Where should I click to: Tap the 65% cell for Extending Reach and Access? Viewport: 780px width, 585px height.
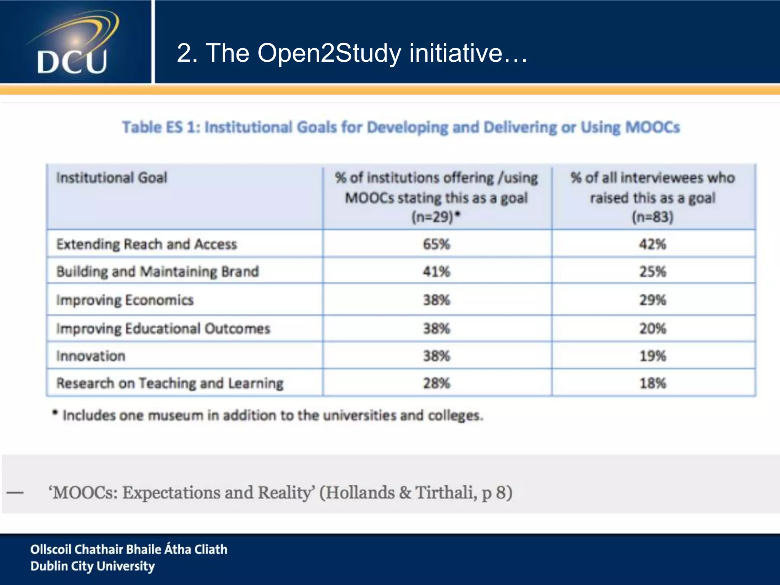pos(436,244)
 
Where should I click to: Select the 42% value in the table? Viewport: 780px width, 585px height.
pos(653,244)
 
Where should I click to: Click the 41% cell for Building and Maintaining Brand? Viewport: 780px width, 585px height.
pos(436,272)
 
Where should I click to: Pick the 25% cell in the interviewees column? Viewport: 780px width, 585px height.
pos(653,272)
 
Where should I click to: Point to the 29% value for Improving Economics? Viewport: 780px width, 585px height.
pos(653,300)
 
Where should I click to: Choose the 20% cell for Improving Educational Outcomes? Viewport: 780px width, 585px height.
pos(653,328)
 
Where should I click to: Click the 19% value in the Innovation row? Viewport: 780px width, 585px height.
pos(653,356)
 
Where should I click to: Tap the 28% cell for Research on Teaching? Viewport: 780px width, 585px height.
pos(436,383)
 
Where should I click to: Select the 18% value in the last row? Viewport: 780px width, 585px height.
pos(653,383)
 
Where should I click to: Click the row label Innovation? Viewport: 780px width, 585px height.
pos(91,356)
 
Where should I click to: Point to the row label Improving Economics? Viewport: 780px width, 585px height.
pos(125,300)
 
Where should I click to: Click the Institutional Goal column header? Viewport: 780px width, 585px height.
pos(112,178)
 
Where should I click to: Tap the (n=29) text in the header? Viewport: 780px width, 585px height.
pos(433,217)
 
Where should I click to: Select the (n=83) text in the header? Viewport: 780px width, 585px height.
pos(652,217)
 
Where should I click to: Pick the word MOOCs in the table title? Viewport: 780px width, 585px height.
pos(652,127)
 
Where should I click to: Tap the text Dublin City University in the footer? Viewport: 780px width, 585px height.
pos(93,566)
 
